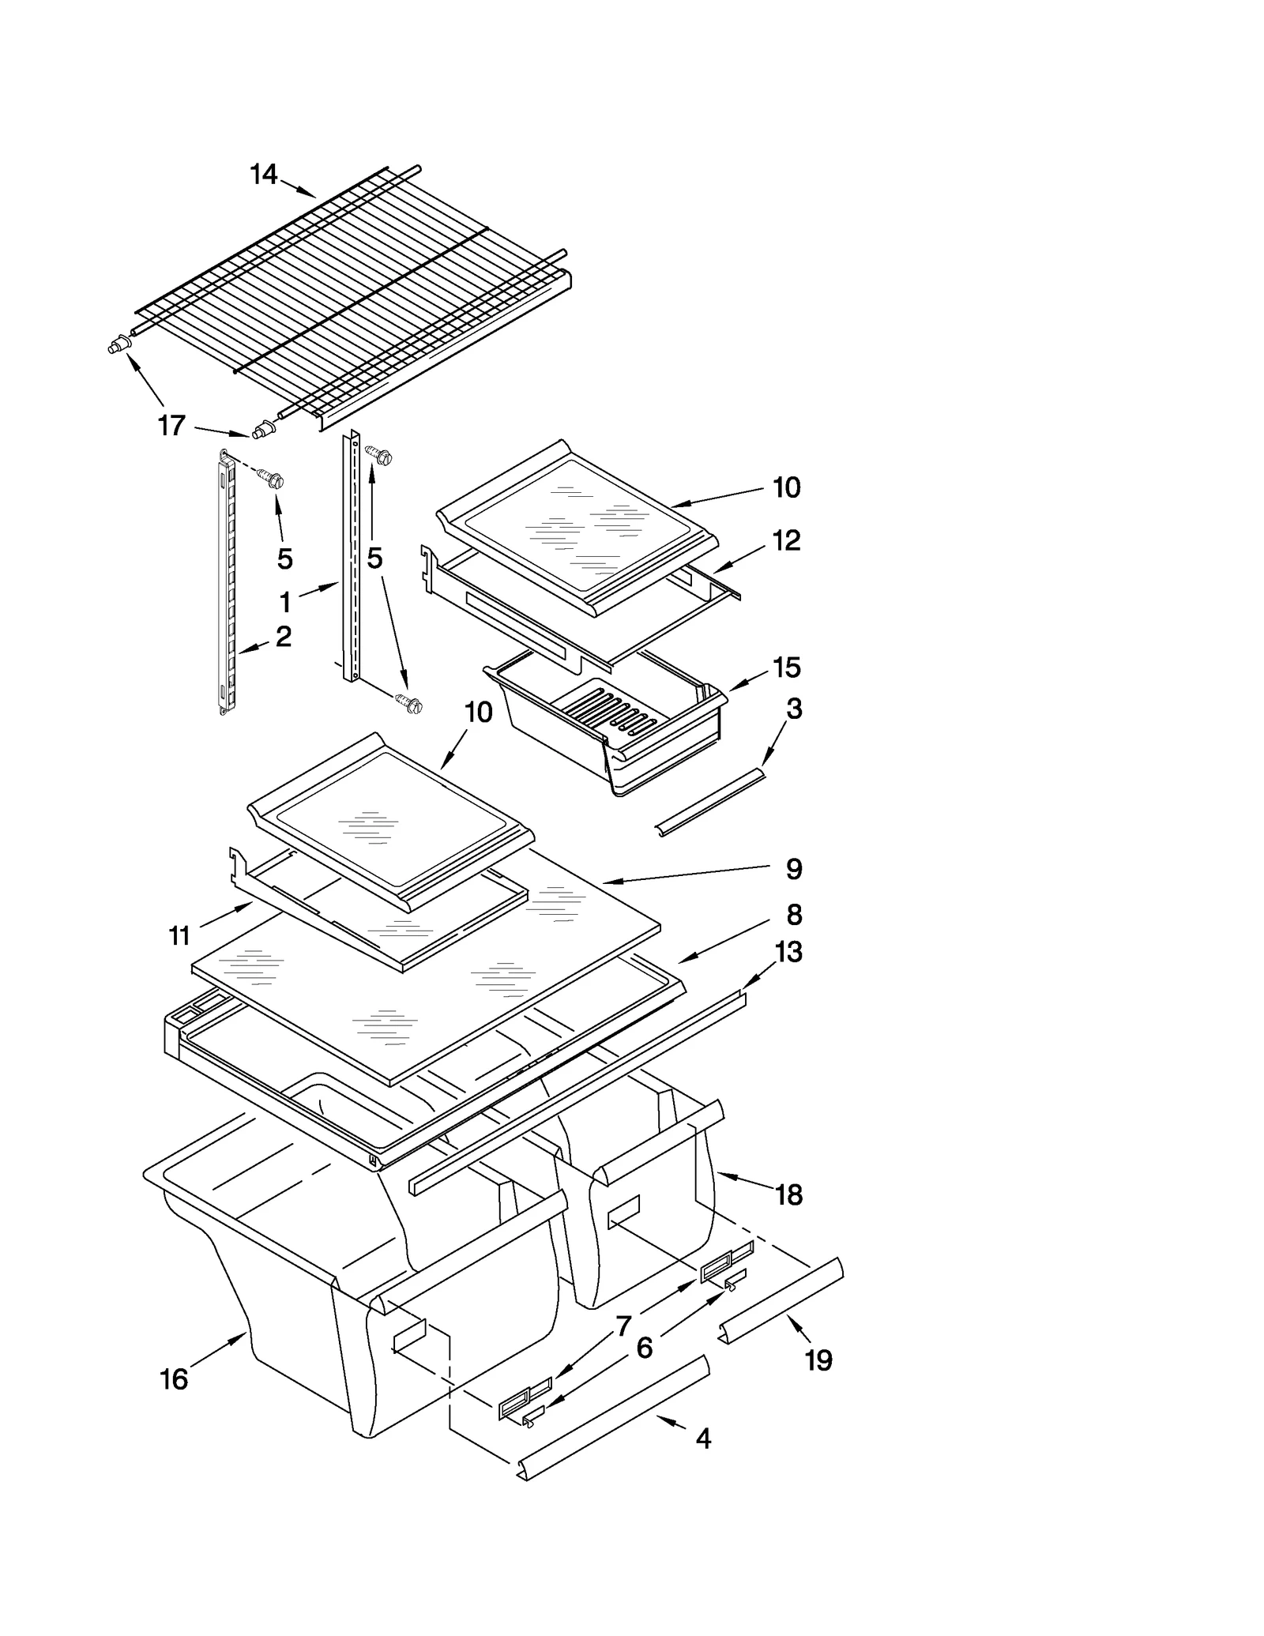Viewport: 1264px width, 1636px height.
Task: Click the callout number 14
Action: click(264, 175)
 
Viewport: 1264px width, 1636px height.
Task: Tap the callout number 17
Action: click(171, 426)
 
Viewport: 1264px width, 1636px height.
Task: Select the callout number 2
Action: click(283, 636)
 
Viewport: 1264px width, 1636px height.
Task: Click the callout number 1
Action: click(285, 603)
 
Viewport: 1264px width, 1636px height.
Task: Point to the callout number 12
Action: click(786, 541)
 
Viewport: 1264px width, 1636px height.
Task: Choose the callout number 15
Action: click(787, 668)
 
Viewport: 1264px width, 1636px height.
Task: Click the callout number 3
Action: click(794, 709)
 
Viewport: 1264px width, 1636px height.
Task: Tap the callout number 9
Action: click(794, 869)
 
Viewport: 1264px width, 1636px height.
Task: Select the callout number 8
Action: click(794, 915)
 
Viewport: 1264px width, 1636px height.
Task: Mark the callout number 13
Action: click(788, 952)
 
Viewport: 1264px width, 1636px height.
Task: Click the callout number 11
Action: click(180, 936)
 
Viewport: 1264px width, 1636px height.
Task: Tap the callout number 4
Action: click(703, 1439)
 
